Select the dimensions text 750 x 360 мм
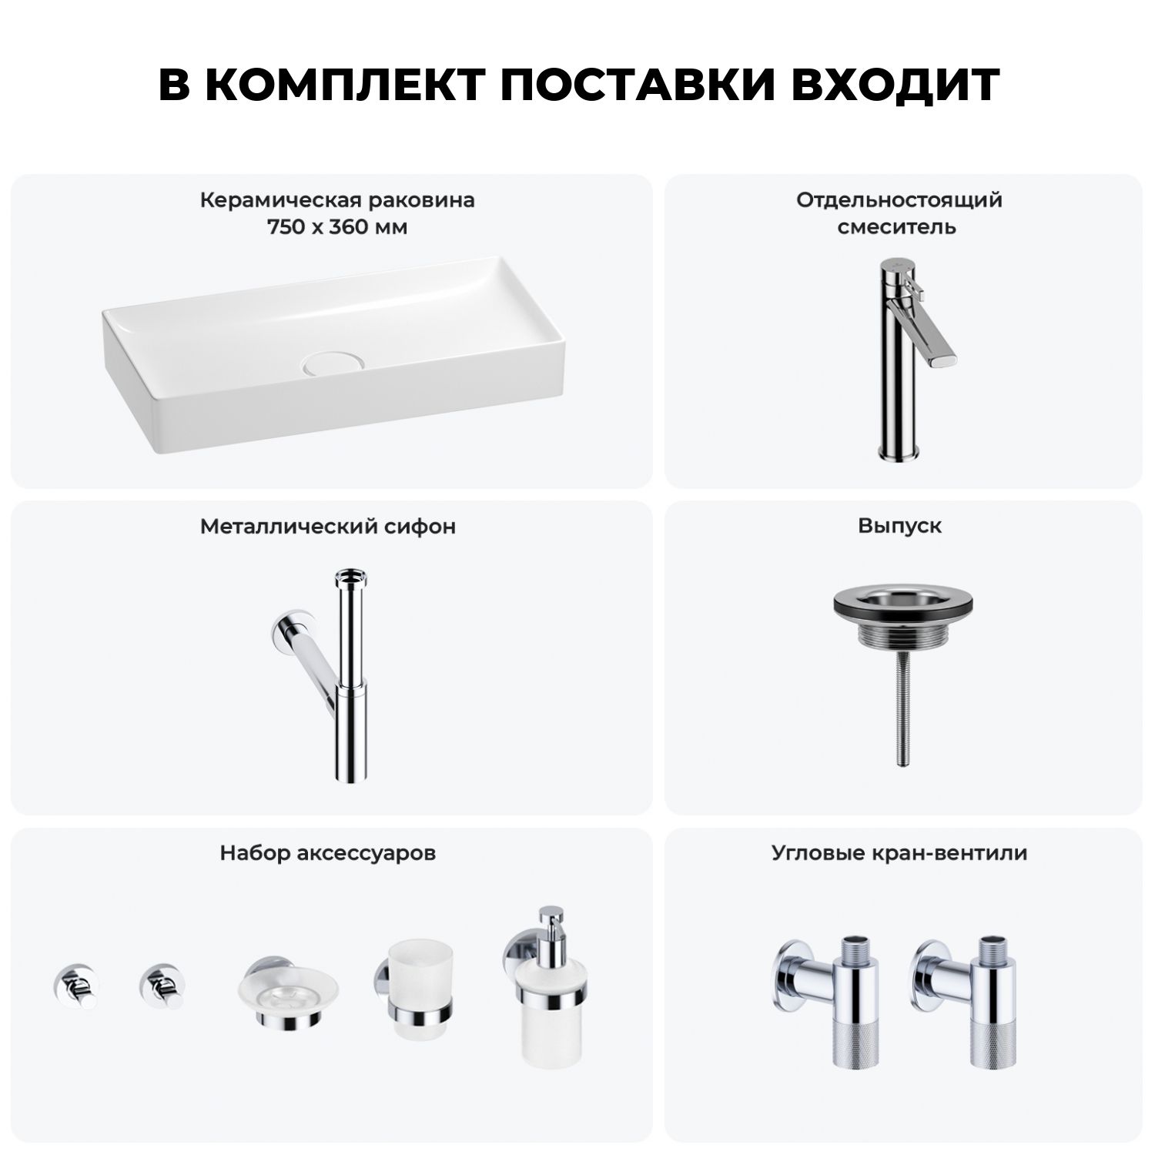pos(337,227)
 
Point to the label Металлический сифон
pos(328,526)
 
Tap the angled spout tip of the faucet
pos(944,358)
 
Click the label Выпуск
pos(900,526)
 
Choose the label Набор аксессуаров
pos(328,853)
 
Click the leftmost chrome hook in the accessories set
pos(75,986)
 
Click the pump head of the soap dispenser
pos(551,922)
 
